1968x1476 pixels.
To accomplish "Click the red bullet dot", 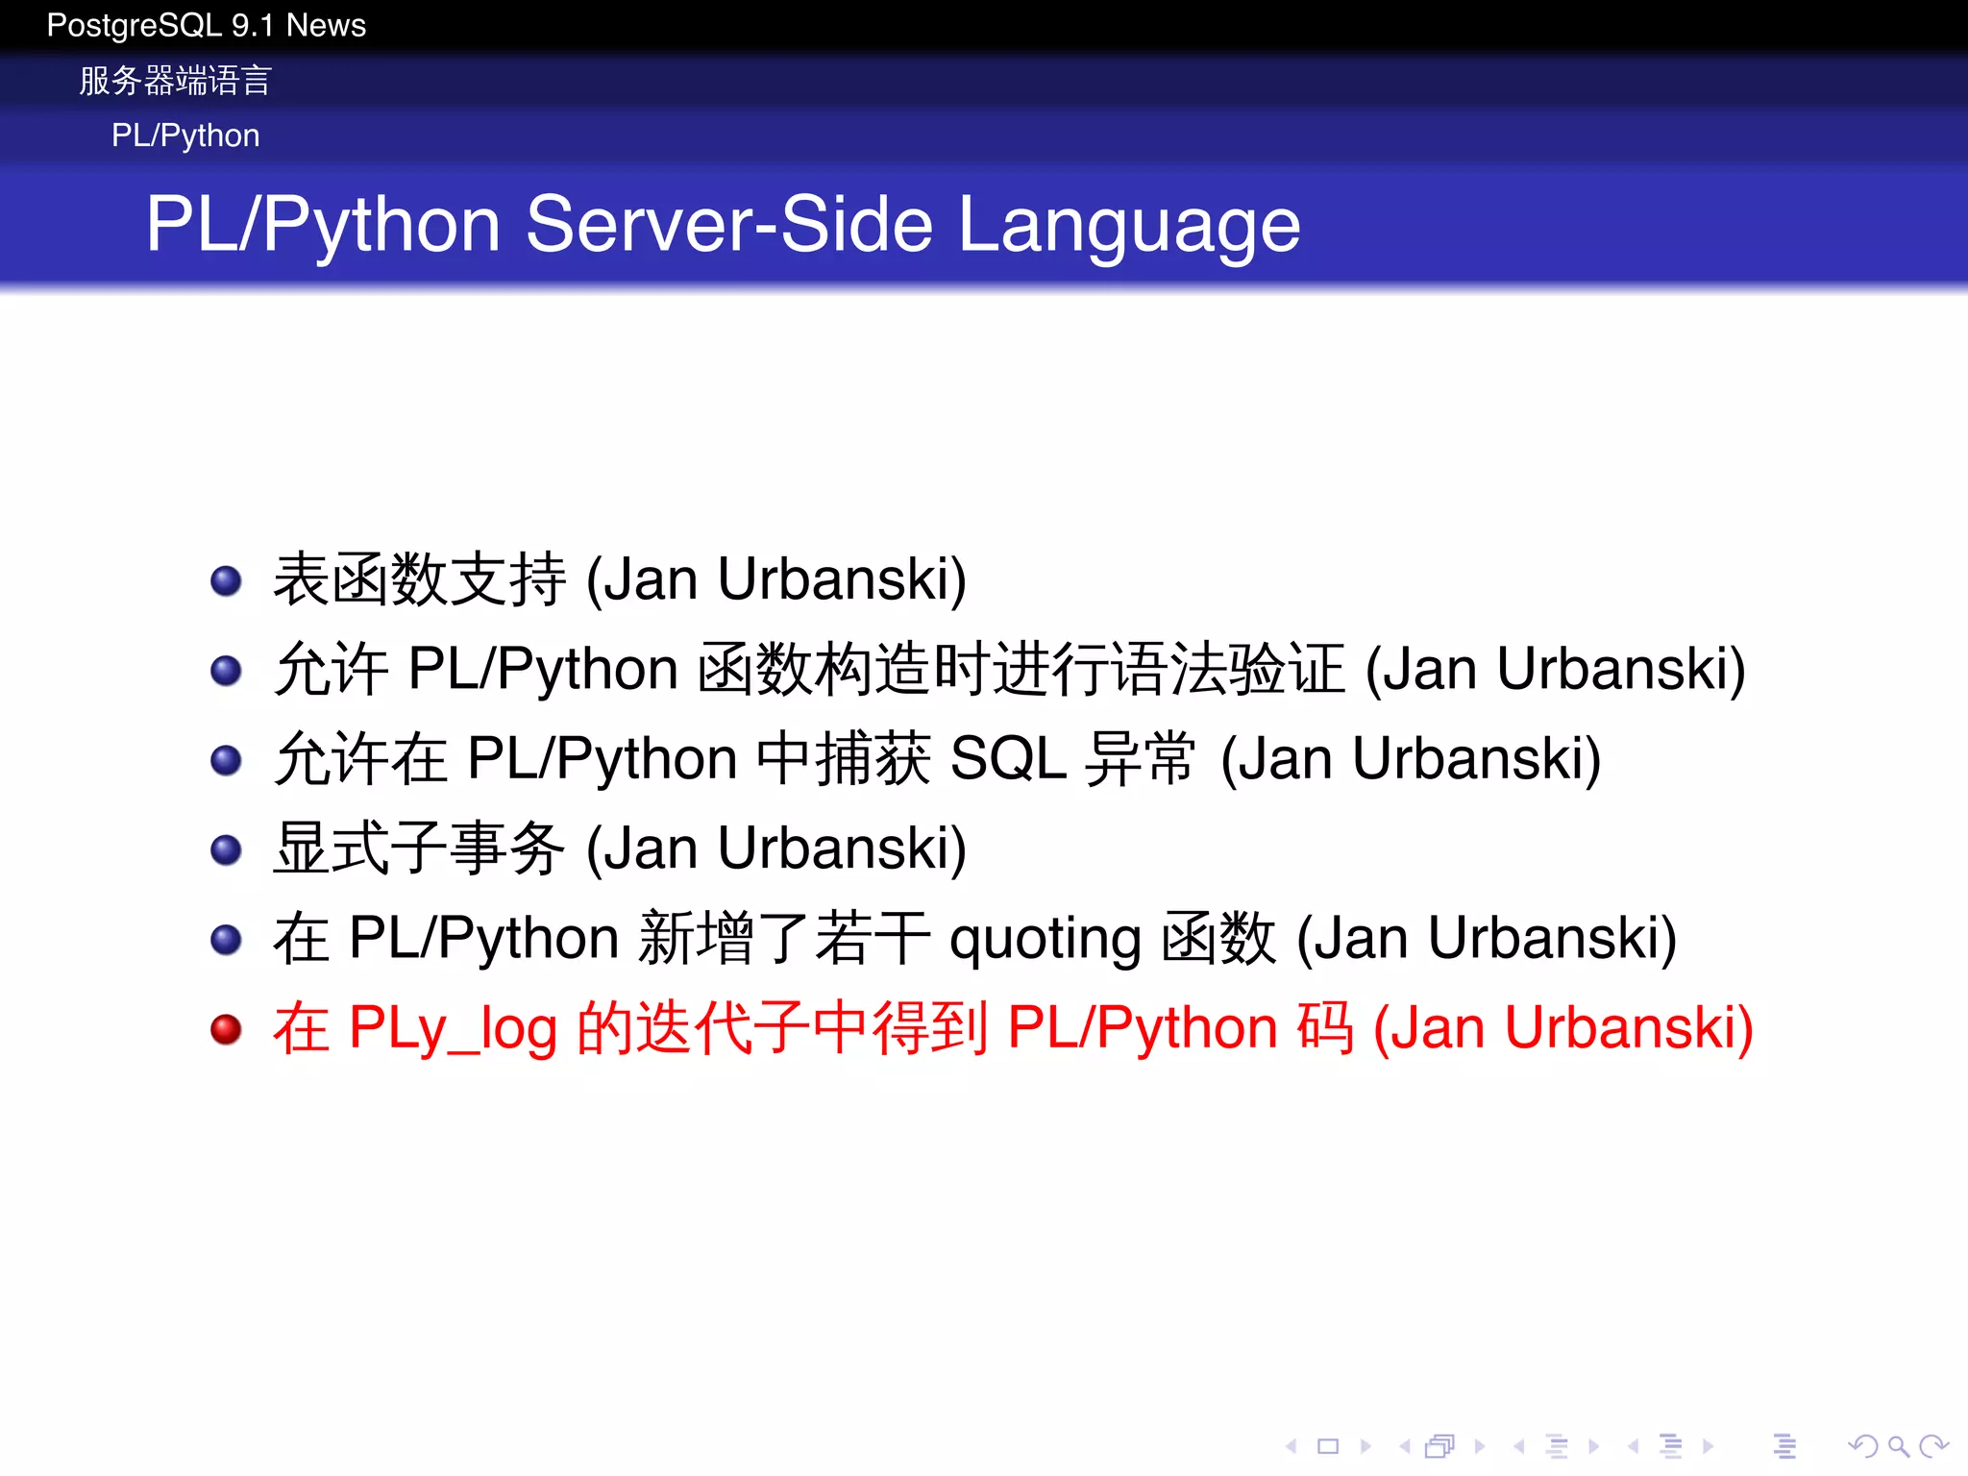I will point(226,1029).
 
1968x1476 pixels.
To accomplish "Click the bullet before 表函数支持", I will point(226,580).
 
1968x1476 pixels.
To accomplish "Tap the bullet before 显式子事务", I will point(226,849).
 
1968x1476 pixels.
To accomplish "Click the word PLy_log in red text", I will point(453,1029).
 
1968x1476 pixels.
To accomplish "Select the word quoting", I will point(1045,940).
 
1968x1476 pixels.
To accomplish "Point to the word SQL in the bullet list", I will point(1008,759).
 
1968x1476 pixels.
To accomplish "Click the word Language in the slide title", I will point(1129,225).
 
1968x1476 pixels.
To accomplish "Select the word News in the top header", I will point(326,26).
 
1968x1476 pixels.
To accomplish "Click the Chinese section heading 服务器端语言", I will point(176,81).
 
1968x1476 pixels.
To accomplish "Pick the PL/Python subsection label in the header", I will point(185,135).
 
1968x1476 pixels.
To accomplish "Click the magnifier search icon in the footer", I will point(1897,1446).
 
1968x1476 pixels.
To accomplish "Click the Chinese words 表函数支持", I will point(419,579).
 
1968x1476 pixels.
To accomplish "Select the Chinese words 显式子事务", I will point(419,849).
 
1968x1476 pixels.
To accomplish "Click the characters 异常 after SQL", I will point(1140,759).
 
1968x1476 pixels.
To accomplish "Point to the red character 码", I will point(1325,1028).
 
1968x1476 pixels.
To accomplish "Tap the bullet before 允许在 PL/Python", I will point(226,760).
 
